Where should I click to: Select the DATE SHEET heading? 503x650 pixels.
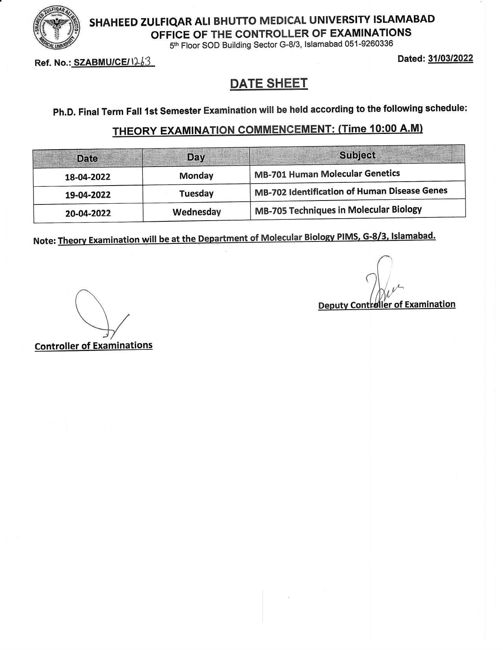[x=269, y=84]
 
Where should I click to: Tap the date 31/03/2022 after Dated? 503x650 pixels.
[x=450, y=58]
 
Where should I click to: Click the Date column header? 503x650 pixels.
[x=87, y=158]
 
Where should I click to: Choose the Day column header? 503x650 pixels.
[x=196, y=157]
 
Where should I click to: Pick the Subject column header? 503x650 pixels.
[x=357, y=155]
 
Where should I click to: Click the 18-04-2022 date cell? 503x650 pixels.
[x=88, y=177]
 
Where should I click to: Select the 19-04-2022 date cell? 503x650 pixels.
[x=88, y=195]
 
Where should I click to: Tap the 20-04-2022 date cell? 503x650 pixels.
[x=88, y=214]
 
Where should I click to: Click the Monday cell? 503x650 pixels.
[x=196, y=176]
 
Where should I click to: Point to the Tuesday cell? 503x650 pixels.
[x=196, y=193]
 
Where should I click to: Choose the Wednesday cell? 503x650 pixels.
[x=196, y=212]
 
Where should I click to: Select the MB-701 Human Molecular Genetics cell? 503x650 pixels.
[x=327, y=173]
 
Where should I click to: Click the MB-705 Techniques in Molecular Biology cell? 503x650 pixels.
[x=338, y=210]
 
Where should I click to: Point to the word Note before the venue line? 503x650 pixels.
[x=44, y=241]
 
